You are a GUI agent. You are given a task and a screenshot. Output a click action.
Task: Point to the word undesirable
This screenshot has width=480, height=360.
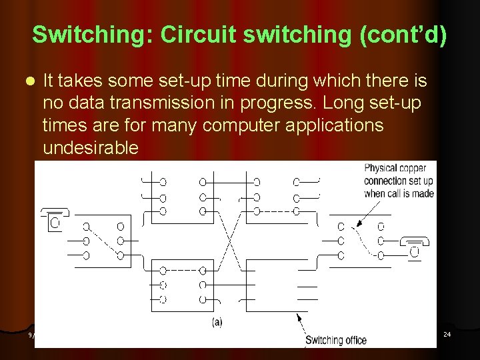pyautogui.click(x=91, y=148)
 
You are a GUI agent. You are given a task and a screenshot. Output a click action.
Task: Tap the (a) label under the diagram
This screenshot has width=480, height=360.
pyautogui.click(x=217, y=322)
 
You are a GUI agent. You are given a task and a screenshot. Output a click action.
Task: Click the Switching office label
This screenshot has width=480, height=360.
pyautogui.click(x=336, y=340)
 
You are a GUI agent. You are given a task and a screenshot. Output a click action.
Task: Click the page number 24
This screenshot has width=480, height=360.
pyautogui.click(x=447, y=333)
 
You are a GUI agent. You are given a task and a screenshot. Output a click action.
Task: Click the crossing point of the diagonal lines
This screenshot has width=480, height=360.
pyautogui.click(x=230, y=234)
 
